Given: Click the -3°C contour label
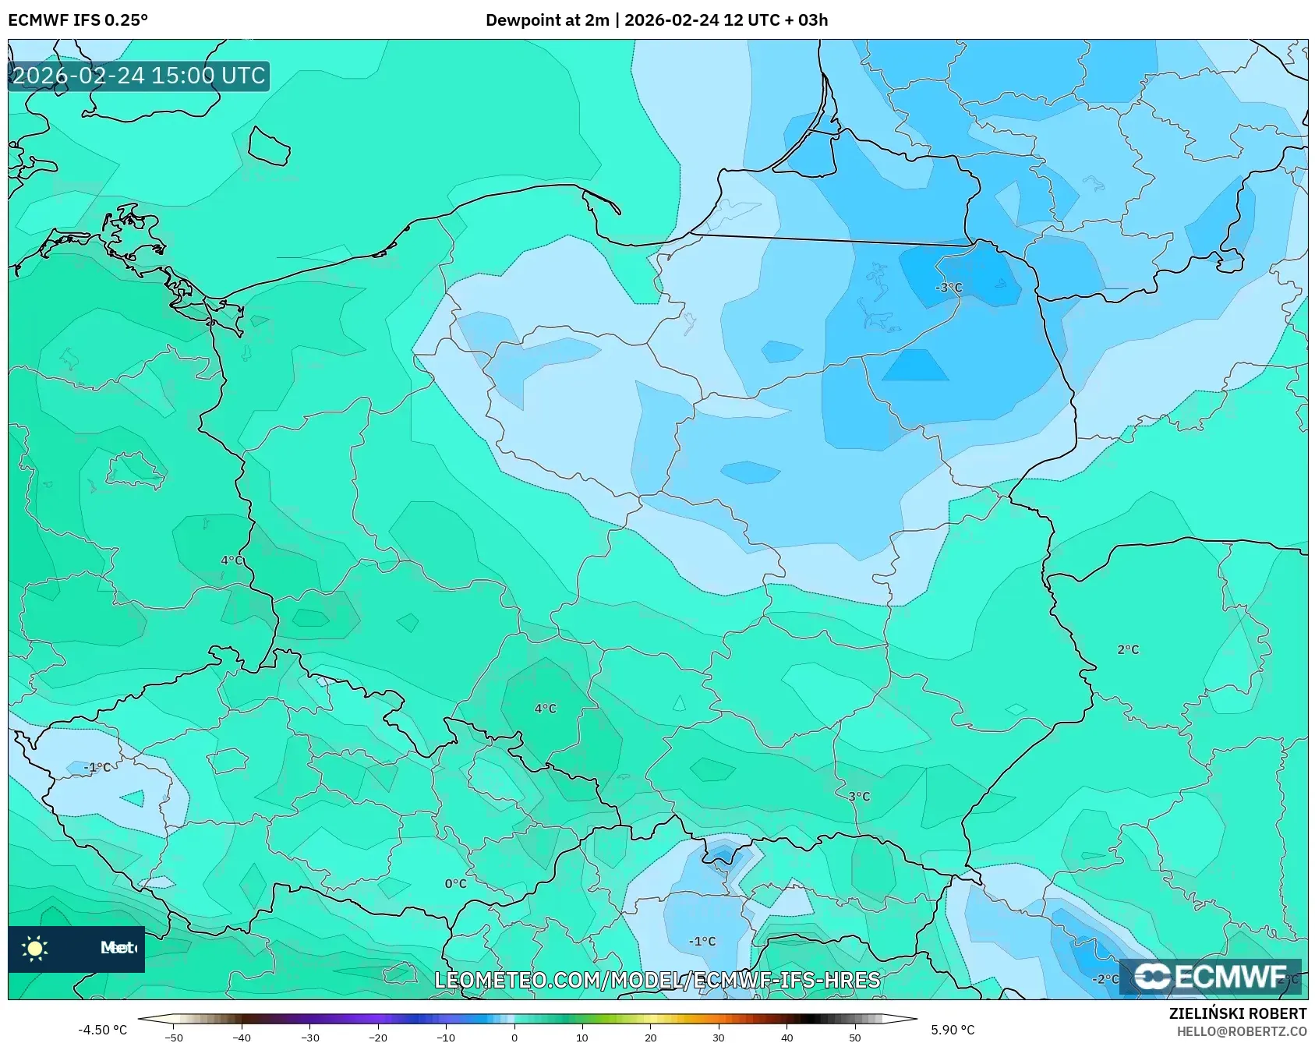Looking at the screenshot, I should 949,288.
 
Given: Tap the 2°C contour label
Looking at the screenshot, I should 1127,649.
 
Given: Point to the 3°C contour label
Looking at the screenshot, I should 858,797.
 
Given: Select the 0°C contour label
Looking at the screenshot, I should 455,884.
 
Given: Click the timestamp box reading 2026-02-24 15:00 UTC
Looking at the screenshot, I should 139,76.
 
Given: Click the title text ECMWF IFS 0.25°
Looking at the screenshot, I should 77,19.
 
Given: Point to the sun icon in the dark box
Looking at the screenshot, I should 35,948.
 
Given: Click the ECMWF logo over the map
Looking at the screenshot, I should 1211,977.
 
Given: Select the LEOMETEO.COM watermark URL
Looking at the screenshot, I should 657,980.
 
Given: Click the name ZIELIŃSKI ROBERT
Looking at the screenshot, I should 1237,1013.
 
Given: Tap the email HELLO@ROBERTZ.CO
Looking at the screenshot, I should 1241,1031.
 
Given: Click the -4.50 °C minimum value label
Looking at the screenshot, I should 102,1030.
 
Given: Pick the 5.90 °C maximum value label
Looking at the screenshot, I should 953,1030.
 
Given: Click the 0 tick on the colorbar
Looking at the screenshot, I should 514,1037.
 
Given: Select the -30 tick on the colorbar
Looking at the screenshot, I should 310,1037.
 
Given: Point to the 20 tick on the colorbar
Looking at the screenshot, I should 650,1037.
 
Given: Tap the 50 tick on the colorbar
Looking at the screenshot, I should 854,1037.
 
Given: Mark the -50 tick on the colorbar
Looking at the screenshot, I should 174,1037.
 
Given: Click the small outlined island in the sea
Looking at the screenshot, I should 269,146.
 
